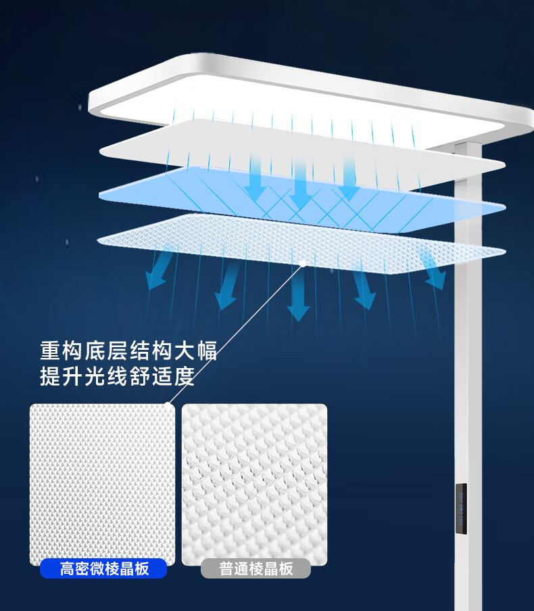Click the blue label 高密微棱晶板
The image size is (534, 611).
(103, 568)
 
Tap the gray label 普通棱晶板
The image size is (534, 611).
(256, 568)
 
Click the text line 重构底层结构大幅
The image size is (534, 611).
(128, 351)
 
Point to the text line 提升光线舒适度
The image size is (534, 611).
(117, 376)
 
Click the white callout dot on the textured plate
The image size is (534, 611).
(304, 263)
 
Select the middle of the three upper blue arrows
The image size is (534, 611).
(299, 183)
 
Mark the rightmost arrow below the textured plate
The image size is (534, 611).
(431, 269)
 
